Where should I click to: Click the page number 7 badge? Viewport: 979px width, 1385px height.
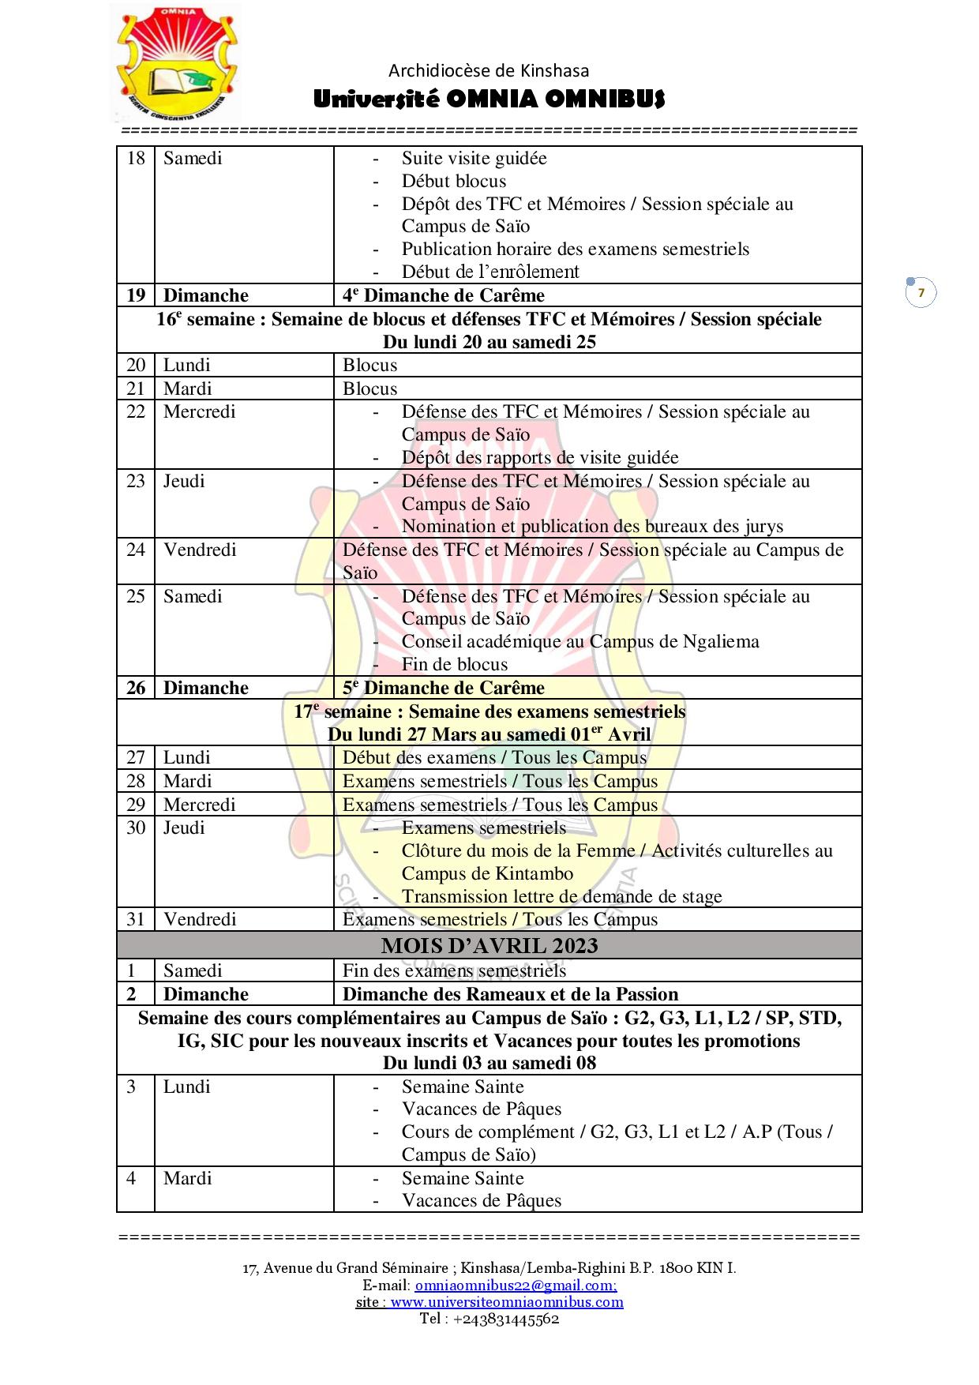click(x=921, y=293)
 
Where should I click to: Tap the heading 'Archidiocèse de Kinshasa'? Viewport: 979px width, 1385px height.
click(x=489, y=71)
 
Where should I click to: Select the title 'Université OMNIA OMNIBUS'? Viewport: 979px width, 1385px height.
click(x=489, y=99)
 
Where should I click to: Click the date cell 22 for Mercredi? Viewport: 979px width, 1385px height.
click(x=136, y=412)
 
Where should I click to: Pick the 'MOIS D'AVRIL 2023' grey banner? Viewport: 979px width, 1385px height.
click(x=489, y=945)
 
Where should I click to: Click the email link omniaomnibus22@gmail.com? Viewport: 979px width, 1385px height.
click(x=516, y=1285)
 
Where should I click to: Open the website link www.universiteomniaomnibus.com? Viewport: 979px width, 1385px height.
click(x=507, y=1301)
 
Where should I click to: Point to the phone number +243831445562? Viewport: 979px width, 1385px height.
click(x=505, y=1318)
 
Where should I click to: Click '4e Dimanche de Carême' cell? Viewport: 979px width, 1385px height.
click(x=444, y=295)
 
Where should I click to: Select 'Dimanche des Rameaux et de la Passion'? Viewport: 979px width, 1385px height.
click(x=510, y=994)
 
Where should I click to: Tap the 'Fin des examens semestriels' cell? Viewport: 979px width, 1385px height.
click(x=454, y=970)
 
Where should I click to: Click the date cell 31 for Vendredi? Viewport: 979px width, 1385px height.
click(x=136, y=919)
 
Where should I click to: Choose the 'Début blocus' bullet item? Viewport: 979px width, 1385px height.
click(x=453, y=181)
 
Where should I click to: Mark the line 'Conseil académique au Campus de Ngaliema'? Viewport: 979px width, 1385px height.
click(x=580, y=641)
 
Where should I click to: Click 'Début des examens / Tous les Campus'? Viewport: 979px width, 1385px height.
click(x=494, y=758)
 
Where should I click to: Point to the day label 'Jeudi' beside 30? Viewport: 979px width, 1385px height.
click(x=184, y=828)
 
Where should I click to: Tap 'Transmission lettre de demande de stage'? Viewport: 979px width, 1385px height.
click(x=561, y=896)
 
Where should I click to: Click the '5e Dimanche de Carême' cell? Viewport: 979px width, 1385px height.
click(x=444, y=688)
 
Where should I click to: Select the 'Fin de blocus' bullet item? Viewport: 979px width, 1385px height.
click(x=454, y=664)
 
